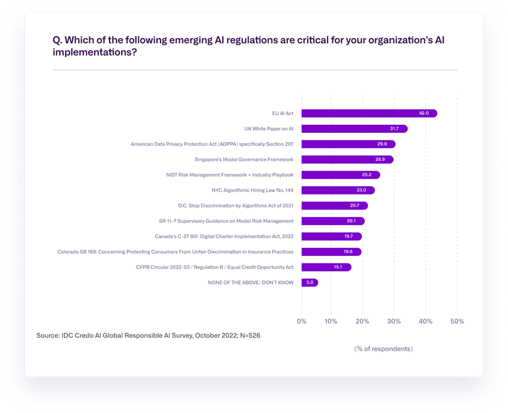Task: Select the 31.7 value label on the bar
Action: pos(395,129)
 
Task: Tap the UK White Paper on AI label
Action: pos(269,129)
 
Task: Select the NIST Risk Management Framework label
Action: pos(230,175)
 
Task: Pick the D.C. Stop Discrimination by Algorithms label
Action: pos(236,206)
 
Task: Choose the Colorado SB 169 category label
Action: pos(175,252)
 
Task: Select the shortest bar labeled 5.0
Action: pos(309,282)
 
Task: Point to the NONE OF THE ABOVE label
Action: pos(250,282)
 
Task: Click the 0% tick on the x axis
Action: pos(302,321)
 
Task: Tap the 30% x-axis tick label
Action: pos(395,321)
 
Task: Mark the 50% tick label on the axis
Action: pos(457,321)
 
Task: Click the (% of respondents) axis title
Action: pos(383,349)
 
